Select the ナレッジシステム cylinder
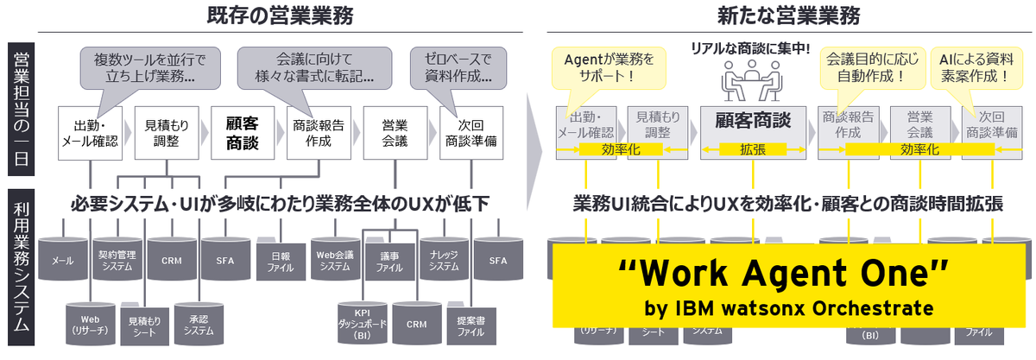point(444,257)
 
